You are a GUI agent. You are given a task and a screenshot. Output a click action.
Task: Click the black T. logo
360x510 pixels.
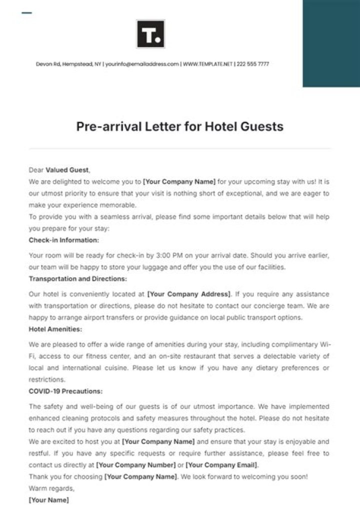coord(150,34)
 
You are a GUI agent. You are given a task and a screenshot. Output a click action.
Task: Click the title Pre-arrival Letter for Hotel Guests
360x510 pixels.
coord(179,126)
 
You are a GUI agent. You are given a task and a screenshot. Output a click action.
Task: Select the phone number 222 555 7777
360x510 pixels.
coord(253,64)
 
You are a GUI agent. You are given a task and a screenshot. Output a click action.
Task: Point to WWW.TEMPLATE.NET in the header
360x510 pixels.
coord(207,64)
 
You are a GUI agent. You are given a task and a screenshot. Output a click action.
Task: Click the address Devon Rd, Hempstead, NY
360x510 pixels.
coord(68,64)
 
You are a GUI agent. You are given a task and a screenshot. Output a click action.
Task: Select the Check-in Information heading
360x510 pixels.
coord(64,240)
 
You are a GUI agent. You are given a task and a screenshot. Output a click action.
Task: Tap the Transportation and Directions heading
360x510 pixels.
coord(78,279)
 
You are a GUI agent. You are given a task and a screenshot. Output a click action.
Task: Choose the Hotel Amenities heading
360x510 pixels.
coord(55,329)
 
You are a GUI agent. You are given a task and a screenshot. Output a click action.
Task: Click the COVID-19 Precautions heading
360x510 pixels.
coord(66,391)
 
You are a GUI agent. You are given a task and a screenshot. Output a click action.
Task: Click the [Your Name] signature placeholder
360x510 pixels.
coord(49,500)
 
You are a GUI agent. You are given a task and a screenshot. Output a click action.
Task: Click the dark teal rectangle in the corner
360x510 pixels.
coord(331,43)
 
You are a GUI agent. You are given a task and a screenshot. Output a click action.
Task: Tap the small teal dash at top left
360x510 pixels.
coord(27,13)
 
